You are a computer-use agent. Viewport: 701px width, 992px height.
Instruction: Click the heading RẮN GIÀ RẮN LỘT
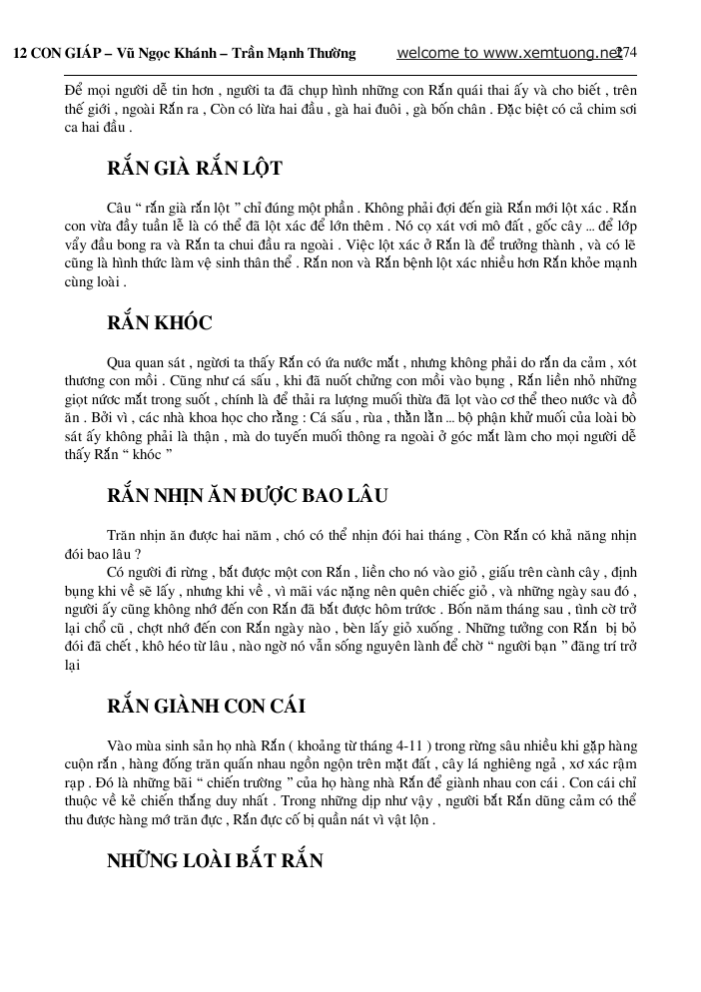pos(195,168)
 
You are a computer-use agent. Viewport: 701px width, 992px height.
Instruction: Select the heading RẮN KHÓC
pos(159,322)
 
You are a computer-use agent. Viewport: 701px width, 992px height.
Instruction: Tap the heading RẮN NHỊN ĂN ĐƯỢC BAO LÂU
pos(248,496)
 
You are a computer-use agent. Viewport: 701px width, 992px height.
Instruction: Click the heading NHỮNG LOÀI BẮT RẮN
pos(215,860)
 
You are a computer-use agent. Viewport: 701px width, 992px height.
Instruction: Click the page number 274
pos(628,53)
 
